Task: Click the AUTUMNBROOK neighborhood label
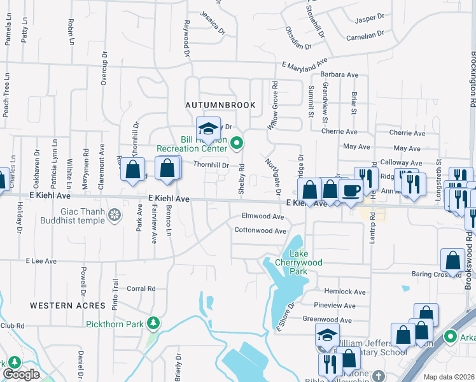220,104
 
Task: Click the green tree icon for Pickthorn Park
153,323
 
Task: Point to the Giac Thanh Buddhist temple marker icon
114,216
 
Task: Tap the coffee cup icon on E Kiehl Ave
351,190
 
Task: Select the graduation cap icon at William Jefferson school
327,335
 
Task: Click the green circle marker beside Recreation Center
237,143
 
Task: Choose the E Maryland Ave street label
304,66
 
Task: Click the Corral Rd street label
142,288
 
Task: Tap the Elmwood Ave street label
263,216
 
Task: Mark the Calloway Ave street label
401,163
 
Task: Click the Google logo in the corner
21,374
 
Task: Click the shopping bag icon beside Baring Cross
452,260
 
